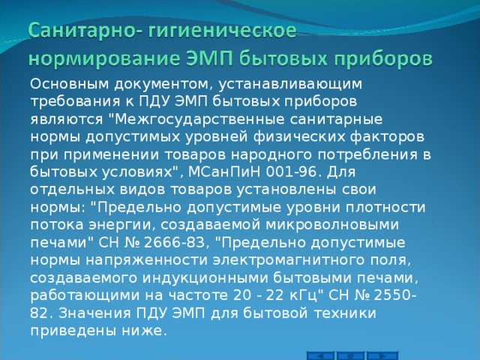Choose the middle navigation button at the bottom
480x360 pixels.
pos(351,355)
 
